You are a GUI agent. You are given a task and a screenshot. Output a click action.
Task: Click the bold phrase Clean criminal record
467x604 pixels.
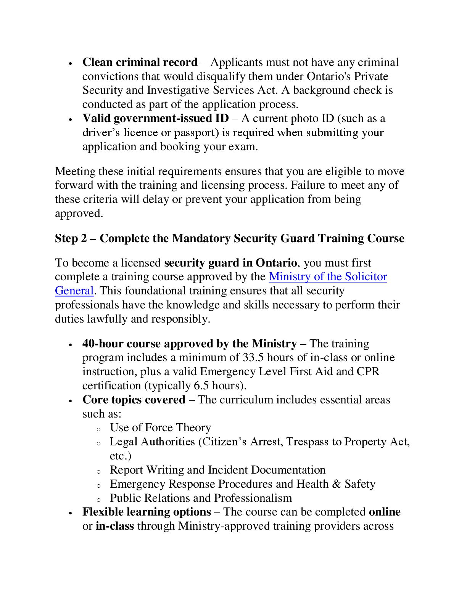140,62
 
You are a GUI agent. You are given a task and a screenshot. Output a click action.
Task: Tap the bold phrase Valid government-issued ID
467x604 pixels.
155,118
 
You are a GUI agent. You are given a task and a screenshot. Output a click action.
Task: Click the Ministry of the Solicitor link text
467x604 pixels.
328,276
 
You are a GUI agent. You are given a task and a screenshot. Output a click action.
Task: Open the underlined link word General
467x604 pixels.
74,291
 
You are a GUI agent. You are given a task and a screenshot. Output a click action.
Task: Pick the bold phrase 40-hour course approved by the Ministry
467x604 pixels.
189,344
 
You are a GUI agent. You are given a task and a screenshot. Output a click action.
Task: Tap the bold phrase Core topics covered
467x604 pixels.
134,400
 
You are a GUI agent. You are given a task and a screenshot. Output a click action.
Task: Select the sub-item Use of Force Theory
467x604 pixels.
160,427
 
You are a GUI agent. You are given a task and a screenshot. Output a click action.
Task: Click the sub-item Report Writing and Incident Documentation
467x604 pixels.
217,470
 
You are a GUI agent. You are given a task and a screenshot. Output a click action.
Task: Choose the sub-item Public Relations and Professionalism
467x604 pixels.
201,498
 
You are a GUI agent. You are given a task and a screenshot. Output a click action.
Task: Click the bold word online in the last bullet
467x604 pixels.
385,512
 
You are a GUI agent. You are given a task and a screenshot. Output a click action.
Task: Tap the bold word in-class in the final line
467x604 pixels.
115,526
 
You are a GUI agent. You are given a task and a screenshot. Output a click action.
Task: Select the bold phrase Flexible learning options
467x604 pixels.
147,512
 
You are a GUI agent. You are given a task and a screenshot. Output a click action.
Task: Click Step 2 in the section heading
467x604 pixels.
71,238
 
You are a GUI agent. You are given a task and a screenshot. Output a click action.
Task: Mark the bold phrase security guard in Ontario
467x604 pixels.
230,263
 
